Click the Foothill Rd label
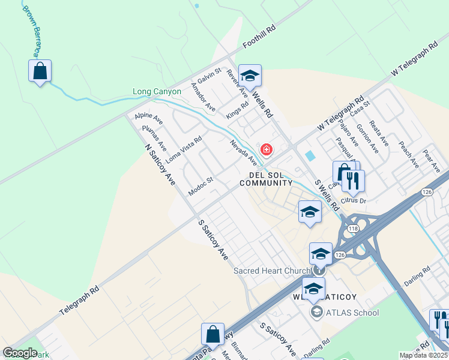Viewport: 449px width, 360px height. pos(259,37)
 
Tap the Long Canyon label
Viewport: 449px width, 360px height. pos(157,92)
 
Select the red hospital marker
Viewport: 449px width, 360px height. pos(266,149)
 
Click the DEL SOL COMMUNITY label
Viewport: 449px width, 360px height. pos(271,179)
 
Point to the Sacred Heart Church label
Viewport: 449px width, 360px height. pos(271,271)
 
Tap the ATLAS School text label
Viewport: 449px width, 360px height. pos(352,312)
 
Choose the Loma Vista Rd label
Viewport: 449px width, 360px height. pos(184,150)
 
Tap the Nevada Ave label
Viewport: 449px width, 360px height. pos(244,152)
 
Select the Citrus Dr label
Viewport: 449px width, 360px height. pos(353,199)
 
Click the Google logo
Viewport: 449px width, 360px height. pos(20,353)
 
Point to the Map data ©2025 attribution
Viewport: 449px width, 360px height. pos(424,355)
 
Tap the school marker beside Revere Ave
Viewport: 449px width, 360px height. pos(250,76)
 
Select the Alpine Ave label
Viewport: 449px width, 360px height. pos(149,118)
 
